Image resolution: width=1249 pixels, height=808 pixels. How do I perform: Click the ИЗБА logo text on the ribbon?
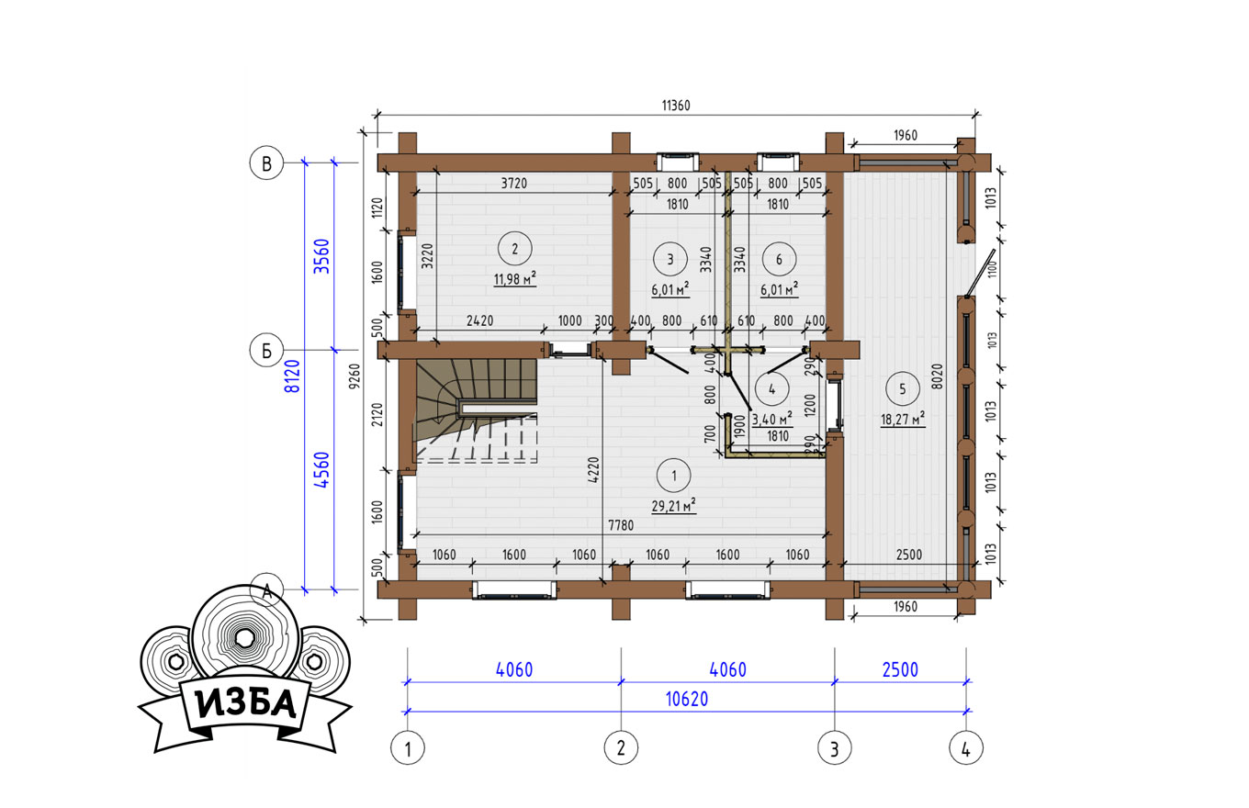click(246, 703)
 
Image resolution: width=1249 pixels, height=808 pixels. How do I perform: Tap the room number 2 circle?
click(514, 249)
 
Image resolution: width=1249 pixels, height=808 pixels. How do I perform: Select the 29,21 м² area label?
click(673, 506)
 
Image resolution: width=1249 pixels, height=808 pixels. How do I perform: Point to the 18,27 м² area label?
click(903, 419)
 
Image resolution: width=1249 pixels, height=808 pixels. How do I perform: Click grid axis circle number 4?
click(966, 747)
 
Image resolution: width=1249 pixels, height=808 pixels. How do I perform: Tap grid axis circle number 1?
click(408, 747)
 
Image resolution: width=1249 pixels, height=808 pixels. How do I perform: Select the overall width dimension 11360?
click(676, 106)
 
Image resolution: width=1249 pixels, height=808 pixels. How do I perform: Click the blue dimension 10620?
click(687, 700)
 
